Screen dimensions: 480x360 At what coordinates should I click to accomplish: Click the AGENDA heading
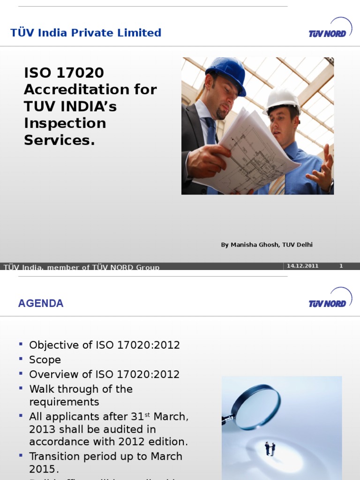[x=41, y=303]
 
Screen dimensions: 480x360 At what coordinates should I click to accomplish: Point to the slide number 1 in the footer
[x=341, y=266]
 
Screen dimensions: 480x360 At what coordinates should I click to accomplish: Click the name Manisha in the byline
[x=242, y=245]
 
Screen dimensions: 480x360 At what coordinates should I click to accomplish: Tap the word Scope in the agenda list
[x=45, y=360]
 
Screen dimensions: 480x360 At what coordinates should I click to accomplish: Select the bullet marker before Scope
[x=21, y=359]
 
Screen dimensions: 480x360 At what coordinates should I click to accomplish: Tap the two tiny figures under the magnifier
[x=270, y=448]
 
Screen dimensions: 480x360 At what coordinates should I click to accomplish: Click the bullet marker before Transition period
[x=21, y=455]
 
